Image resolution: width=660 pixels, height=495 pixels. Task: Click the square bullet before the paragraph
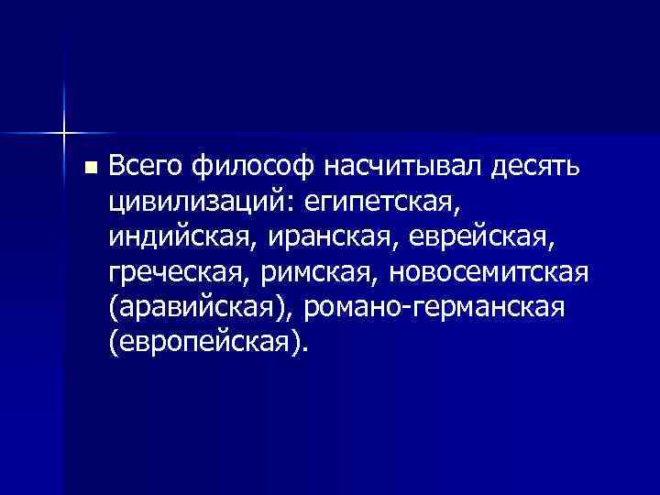point(89,168)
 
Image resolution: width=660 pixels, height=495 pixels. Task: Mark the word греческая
point(182,271)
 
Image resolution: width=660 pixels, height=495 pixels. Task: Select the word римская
point(324,271)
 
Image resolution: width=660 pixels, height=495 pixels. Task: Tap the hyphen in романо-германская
point(416,308)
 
